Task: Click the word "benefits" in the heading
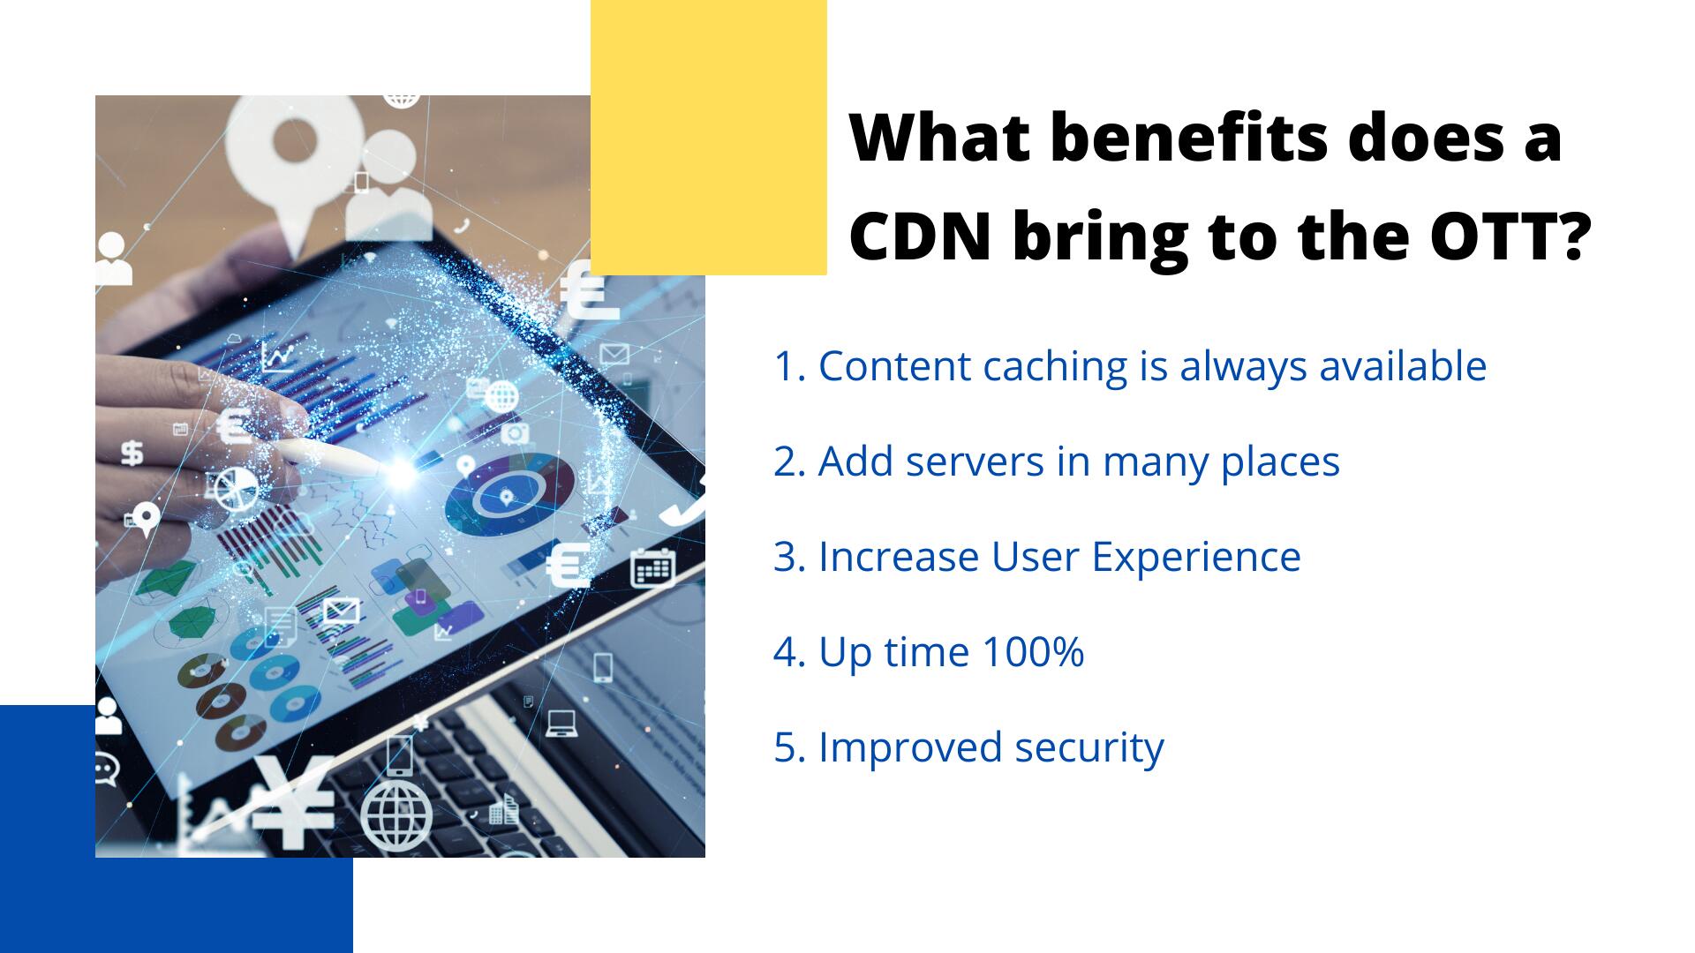[1189, 138]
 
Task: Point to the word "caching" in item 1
[1054, 367]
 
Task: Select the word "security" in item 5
[1089, 748]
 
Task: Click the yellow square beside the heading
[709, 137]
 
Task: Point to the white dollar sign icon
[132, 453]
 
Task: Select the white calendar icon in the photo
[652, 567]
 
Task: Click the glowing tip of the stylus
[402, 470]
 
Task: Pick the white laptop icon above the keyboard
[561, 723]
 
